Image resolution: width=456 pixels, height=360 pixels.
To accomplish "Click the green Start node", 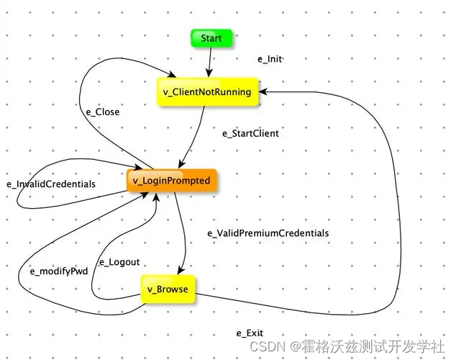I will (211, 37).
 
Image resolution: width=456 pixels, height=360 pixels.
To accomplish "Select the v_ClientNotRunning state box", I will (206, 91).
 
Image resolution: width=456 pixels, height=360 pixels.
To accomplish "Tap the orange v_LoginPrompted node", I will (172, 181).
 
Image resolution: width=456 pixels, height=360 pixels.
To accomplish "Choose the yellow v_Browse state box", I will (168, 289).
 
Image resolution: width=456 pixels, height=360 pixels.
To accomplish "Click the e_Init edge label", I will (270, 59).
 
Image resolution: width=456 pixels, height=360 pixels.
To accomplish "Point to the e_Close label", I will (102, 112).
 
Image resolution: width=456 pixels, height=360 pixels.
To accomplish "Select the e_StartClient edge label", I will (250, 133).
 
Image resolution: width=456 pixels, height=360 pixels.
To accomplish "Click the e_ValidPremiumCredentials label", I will (268, 233).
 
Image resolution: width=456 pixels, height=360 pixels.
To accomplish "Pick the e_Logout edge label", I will (119, 262).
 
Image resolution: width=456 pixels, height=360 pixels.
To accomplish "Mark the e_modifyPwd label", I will (58, 271).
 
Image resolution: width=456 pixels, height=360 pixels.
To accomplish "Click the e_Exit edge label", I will (250, 333).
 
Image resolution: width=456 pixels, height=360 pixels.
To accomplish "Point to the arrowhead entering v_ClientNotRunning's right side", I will (263, 91).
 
